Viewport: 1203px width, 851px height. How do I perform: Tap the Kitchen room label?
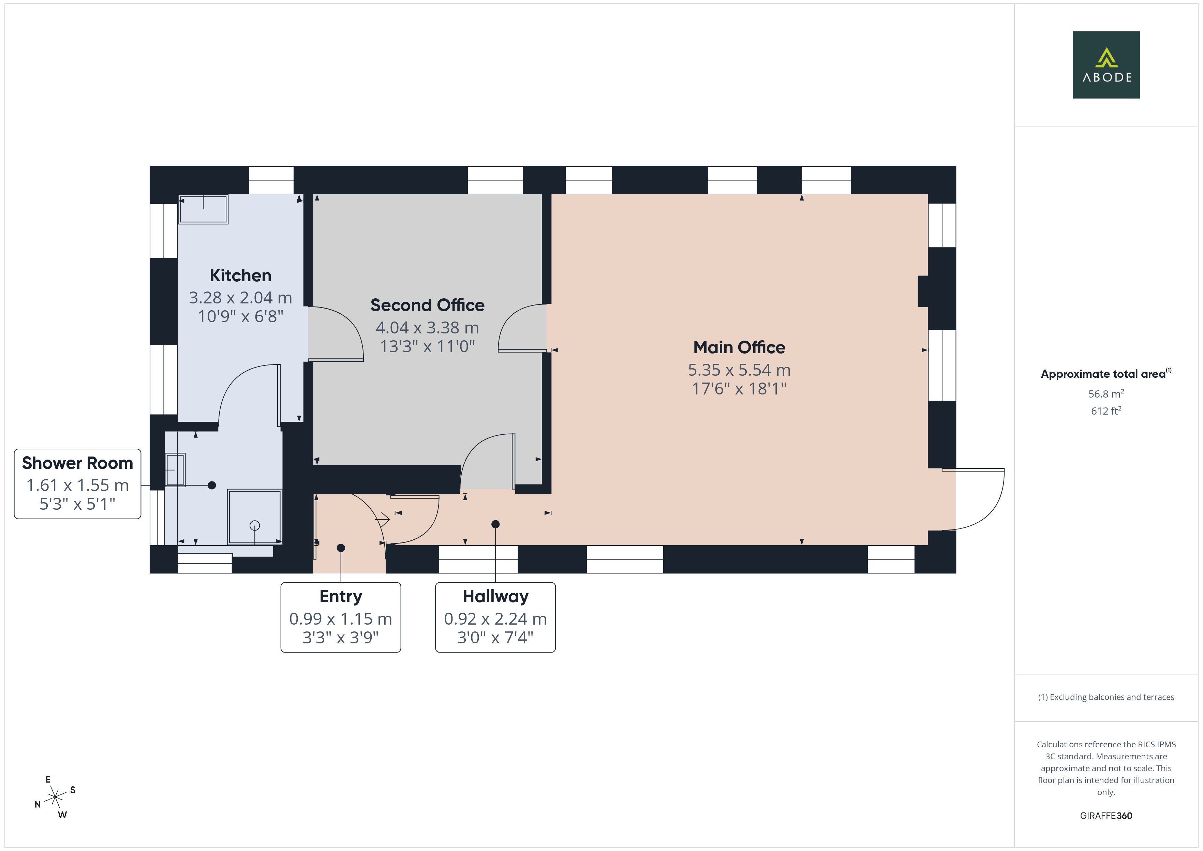(240, 275)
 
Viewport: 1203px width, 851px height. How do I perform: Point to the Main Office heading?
(739, 347)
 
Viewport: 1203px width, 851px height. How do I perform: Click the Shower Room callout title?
(77, 463)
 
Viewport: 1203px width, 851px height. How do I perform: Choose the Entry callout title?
(341, 596)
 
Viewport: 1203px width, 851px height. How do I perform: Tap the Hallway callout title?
(495, 596)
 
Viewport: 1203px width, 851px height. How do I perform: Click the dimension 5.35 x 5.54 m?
(739, 370)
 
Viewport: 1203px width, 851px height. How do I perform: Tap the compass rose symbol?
(55, 797)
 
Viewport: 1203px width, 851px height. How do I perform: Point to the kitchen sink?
(203, 209)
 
